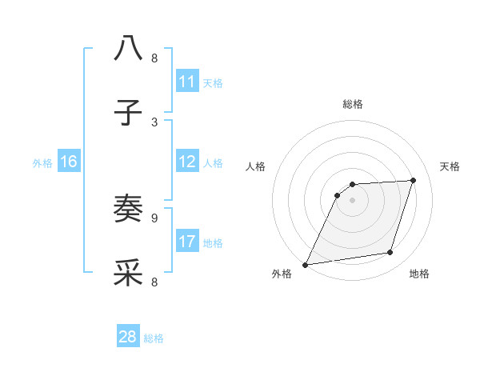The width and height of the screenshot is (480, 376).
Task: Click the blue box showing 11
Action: (x=187, y=82)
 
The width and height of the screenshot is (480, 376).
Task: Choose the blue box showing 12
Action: (x=187, y=162)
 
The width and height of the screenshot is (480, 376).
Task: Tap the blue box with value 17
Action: (x=187, y=241)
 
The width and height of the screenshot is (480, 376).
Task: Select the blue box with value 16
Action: (x=68, y=162)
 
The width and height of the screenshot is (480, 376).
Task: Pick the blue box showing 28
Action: (x=128, y=337)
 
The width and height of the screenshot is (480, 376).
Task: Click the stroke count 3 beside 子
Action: (x=154, y=122)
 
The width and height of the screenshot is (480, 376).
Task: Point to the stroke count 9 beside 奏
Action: (x=154, y=217)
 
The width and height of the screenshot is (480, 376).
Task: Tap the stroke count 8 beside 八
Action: (x=154, y=58)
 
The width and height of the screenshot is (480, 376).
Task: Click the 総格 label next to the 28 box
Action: (x=154, y=338)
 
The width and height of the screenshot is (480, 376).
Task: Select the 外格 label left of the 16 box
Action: (x=42, y=163)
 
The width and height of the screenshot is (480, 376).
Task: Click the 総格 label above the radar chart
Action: (x=352, y=104)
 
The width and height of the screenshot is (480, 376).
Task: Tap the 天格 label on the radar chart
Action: (x=450, y=166)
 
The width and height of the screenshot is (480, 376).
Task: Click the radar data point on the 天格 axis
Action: (x=414, y=180)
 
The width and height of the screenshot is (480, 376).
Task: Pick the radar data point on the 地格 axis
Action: (x=390, y=253)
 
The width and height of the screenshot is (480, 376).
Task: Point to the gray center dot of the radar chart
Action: (x=352, y=200)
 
